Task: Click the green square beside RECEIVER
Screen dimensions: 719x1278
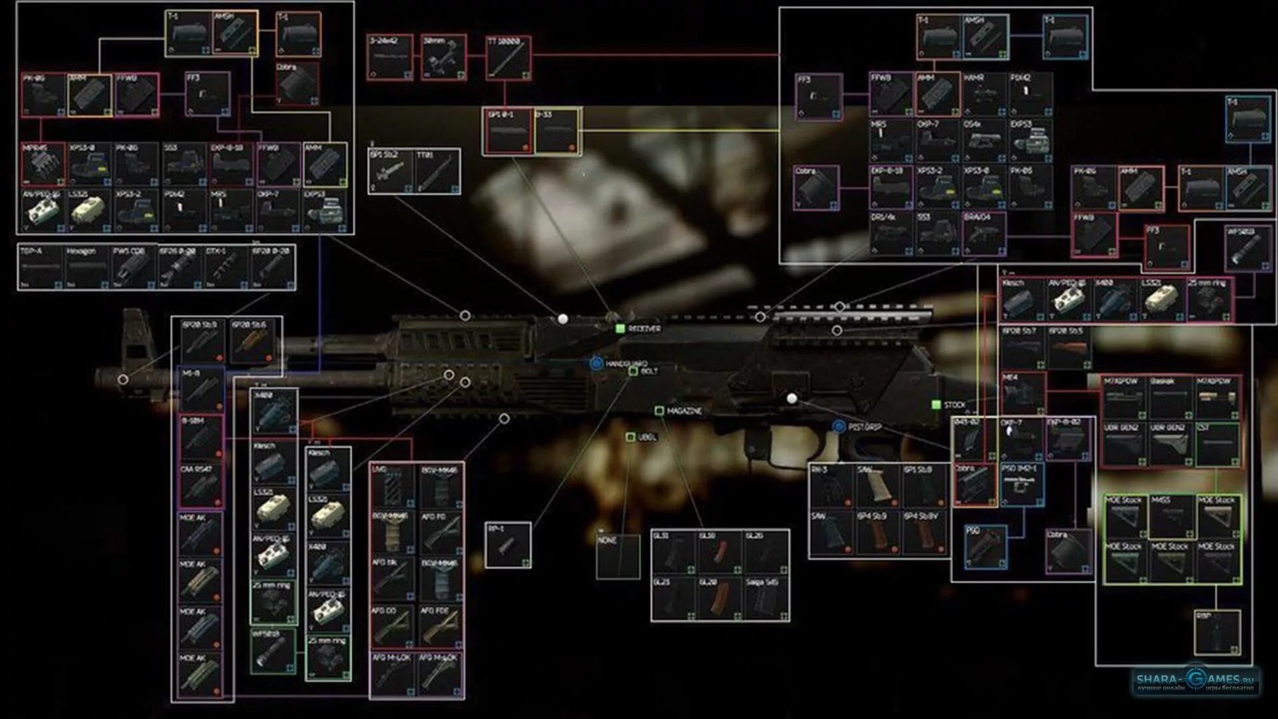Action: coord(620,328)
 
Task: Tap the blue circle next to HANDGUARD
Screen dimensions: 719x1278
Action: coord(596,363)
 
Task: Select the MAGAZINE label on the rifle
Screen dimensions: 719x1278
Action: coord(684,411)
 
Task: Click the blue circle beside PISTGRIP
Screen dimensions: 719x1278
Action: coord(839,426)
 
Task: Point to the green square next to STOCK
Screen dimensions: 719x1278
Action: coord(937,405)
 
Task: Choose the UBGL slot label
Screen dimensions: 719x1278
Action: coord(646,437)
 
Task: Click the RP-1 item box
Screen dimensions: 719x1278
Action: coord(508,545)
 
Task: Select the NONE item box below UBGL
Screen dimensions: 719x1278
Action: coord(618,557)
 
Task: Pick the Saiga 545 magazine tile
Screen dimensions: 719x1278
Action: coord(766,599)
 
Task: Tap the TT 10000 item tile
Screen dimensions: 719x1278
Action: coord(509,58)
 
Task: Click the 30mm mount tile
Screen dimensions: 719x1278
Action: coord(444,58)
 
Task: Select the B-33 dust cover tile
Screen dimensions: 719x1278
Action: coord(556,132)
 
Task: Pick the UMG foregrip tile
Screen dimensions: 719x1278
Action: coord(393,486)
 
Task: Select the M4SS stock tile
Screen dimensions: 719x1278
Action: coord(1171,516)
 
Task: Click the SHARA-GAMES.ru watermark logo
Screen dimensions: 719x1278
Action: coord(1195,680)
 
